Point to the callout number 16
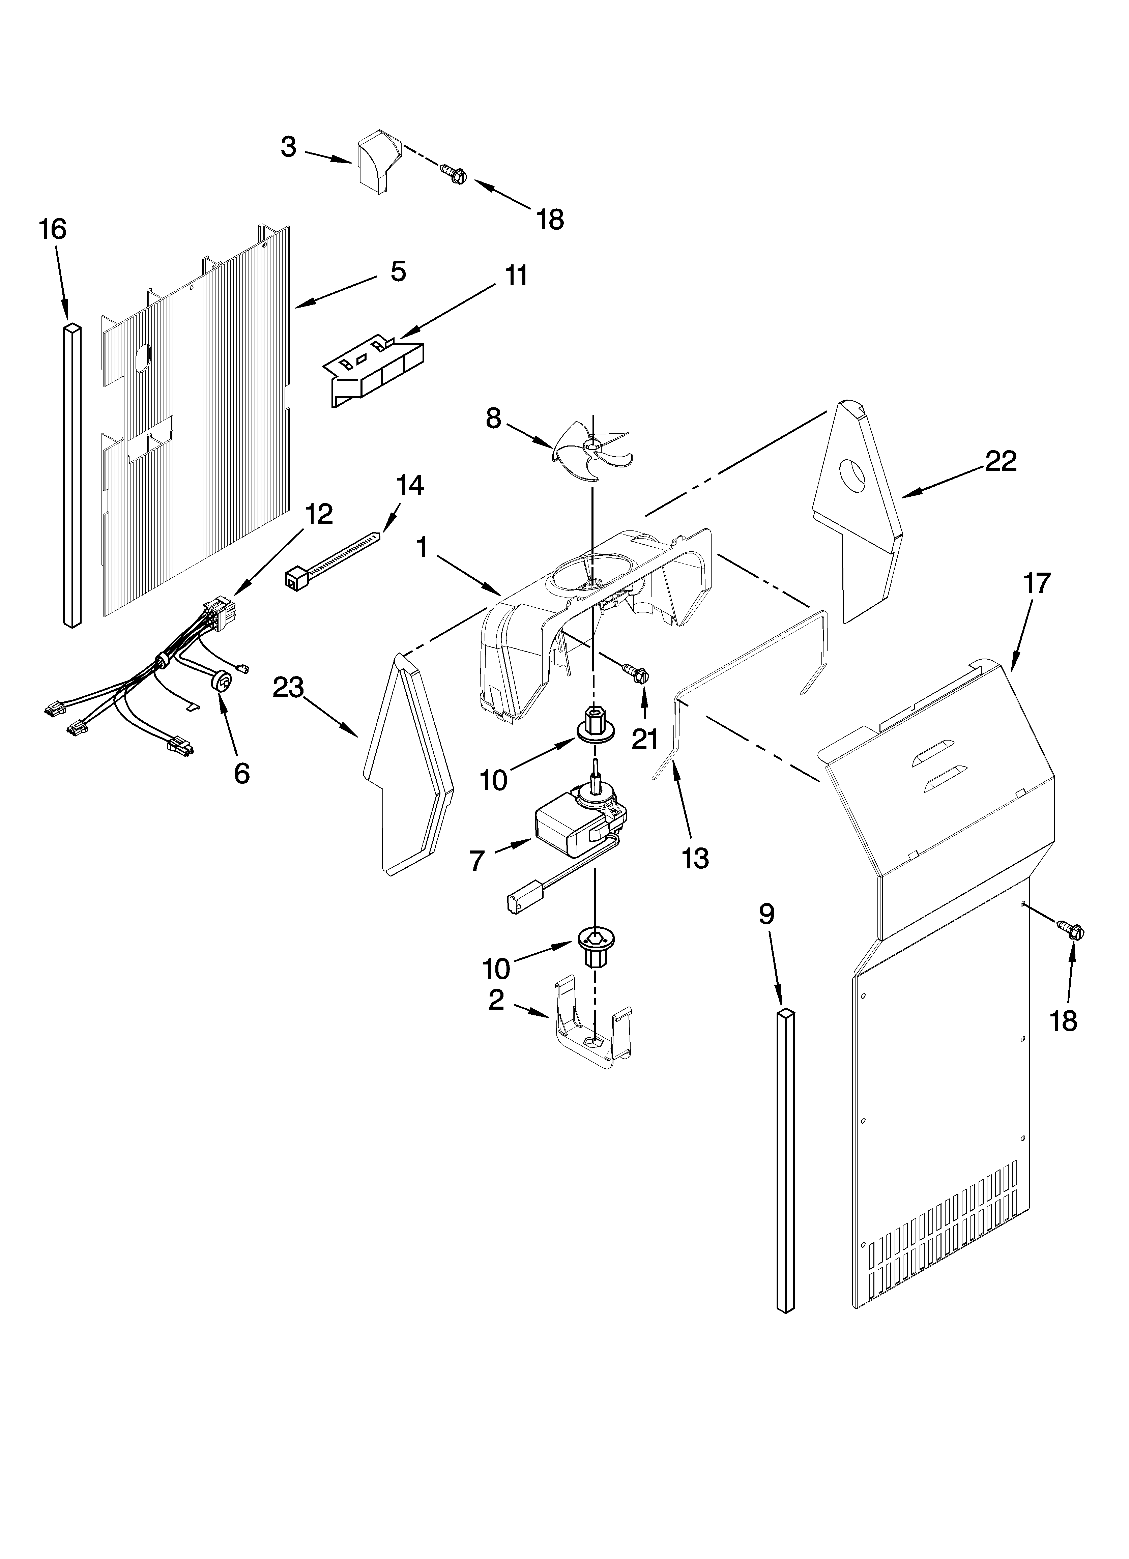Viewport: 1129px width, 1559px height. [x=53, y=229]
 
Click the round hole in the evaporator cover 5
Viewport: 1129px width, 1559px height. [x=142, y=359]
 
